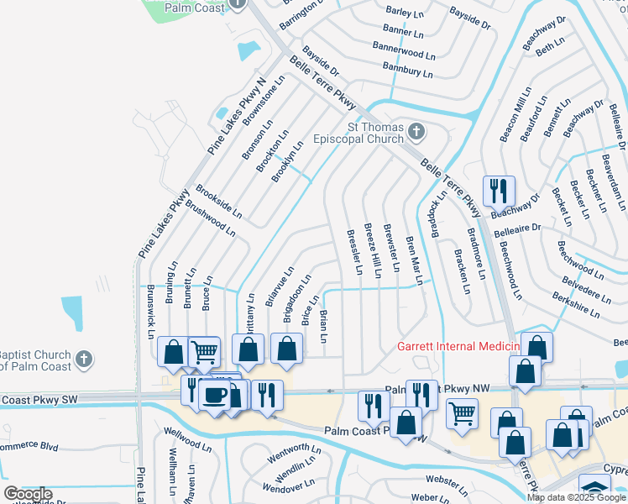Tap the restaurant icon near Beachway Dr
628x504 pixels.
[x=499, y=192]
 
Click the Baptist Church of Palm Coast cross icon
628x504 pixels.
[x=82, y=360]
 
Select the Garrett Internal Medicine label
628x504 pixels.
[x=458, y=346]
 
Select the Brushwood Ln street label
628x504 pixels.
[x=209, y=215]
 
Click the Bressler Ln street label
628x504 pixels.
[x=353, y=251]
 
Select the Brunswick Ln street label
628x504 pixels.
[x=151, y=311]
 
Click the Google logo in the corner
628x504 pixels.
[x=28, y=494]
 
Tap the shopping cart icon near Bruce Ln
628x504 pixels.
[x=204, y=353]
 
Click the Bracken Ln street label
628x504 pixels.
[x=462, y=271]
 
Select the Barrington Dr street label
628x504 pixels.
[x=301, y=15]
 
